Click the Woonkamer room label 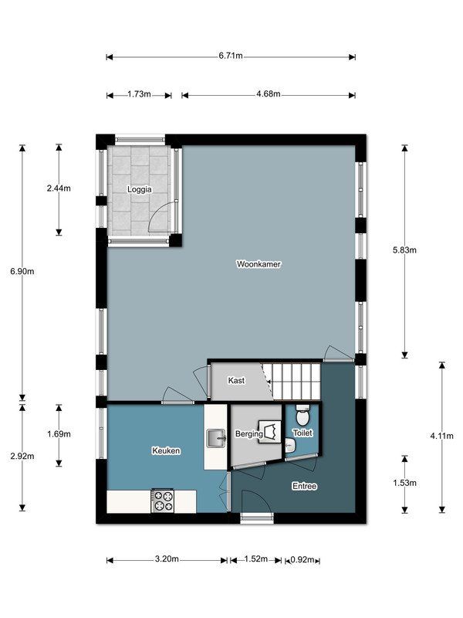(x=259, y=264)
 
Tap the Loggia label (x=140, y=189)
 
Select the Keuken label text (x=166, y=450)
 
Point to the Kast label (x=236, y=380)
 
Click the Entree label (x=304, y=486)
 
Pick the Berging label (x=248, y=434)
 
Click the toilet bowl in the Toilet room (x=302, y=415)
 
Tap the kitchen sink (x=216, y=438)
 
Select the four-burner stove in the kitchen (x=163, y=501)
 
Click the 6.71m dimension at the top (x=231, y=56)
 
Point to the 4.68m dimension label (x=268, y=93)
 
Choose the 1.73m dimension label (x=139, y=94)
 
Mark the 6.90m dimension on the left (x=22, y=271)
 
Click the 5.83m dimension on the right (x=404, y=250)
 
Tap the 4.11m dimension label (x=441, y=436)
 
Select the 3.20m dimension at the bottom (x=167, y=559)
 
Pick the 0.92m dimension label (x=302, y=559)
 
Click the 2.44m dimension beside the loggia (x=59, y=188)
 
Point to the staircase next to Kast (x=292, y=382)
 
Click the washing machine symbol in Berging (x=269, y=432)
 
